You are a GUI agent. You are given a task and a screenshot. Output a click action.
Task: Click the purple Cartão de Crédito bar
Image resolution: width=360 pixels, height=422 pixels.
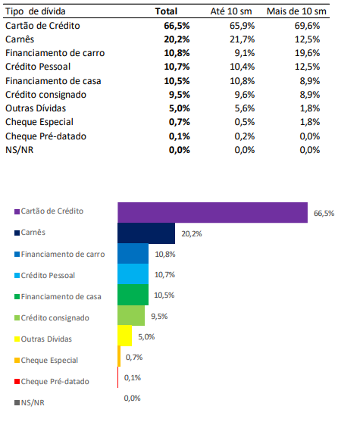(212, 213)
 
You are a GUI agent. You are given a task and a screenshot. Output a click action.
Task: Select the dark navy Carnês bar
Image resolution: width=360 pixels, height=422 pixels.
(146, 233)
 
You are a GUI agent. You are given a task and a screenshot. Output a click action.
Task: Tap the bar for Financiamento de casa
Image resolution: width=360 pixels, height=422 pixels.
(133, 294)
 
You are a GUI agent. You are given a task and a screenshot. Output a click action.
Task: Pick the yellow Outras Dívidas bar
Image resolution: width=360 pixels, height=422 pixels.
(125, 335)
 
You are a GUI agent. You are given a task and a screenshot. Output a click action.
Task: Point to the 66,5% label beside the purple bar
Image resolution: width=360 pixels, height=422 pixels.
(324, 214)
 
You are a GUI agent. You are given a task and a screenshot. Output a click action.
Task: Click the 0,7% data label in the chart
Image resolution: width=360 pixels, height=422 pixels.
(134, 357)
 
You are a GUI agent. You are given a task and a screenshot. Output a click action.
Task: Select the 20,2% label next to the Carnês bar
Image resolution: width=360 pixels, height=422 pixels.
(191, 234)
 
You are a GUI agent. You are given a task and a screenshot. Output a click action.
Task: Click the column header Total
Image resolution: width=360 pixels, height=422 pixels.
(165, 11)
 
